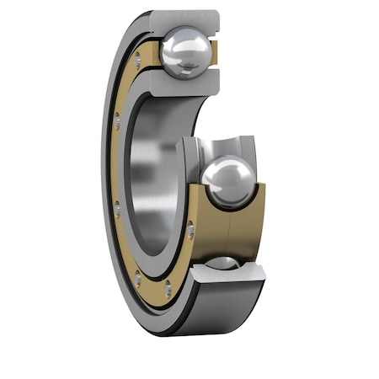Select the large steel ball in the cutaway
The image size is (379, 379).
coord(227,181)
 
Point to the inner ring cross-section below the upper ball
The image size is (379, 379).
coord(187,83)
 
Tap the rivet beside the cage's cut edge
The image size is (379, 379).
coord(190,229)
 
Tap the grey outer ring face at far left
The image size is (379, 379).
coord(107,168)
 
